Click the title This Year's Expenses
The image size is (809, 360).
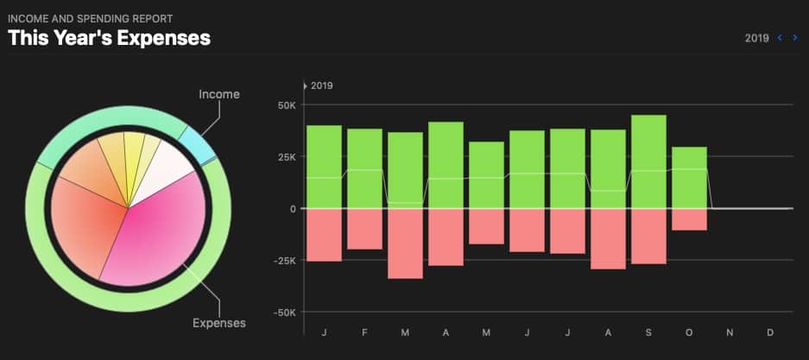click(110, 38)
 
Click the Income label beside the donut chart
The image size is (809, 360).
click(218, 94)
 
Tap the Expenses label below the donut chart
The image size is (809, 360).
click(218, 323)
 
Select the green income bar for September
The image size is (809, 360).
click(648, 161)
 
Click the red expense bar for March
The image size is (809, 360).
click(405, 243)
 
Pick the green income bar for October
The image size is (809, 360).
click(689, 177)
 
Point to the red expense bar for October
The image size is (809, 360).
click(689, 219)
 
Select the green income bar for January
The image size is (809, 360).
click(324, 167)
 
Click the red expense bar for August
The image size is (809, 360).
click(608, 238)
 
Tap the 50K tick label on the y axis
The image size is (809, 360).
click(286, 105)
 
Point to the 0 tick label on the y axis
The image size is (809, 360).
click(292, 209)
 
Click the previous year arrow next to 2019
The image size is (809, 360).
click(781, 38)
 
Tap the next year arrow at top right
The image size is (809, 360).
click(795, 38)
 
